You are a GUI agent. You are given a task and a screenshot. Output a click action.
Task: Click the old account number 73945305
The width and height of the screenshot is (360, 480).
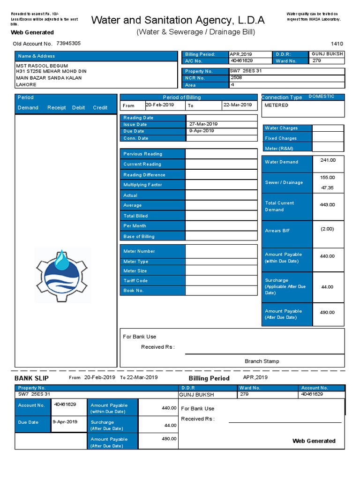pyautogui.click(x=68, y=43)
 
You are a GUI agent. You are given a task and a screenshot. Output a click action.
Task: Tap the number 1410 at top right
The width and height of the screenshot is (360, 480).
pyautogui.click(x=337, y=43)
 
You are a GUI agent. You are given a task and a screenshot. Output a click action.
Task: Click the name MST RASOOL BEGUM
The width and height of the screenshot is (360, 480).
pyautogui.click(x=42, y=66)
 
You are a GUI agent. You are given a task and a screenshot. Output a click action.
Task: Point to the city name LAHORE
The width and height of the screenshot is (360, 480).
pyautogui.click(x=26, y=85)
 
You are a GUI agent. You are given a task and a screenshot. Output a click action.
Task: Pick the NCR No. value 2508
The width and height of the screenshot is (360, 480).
pyautogui.click(x=236, y=78)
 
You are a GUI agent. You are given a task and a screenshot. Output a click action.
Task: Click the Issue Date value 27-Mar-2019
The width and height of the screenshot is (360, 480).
pyautogui.click(x=203, y=124)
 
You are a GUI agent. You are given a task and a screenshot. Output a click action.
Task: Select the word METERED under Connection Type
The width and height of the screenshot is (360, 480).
pyautogui.click(x=277, y=105)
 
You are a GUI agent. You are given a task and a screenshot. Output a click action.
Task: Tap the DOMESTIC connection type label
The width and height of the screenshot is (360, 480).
pyautogui.click(x=322, y=97)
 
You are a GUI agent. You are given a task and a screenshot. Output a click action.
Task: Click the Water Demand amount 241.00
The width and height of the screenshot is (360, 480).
pyautogui.click(x=328, y=160)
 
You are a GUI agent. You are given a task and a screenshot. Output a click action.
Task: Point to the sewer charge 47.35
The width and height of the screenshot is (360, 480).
pyautogui.click(x=327, y=187)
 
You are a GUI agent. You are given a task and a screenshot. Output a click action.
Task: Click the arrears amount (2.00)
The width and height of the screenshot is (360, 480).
pyautogui.click(x=327, y=229)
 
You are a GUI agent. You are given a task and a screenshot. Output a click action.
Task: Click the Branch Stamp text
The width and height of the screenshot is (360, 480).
pyautogui.click(x=262, y=361)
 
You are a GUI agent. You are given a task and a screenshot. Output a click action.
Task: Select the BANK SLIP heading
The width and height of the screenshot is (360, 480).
pyautogui.click(x=31, y=378)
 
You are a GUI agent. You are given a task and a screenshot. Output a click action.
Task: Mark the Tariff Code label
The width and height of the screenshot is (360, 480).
pyautogui.click(x=135, y=281)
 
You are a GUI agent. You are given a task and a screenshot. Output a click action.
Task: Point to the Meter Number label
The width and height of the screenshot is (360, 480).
pyautogui.click(x=139, y=251)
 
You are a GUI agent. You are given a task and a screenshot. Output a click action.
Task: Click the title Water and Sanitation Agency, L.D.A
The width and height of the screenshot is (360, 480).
pyautogui.click(x=178, y=20)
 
